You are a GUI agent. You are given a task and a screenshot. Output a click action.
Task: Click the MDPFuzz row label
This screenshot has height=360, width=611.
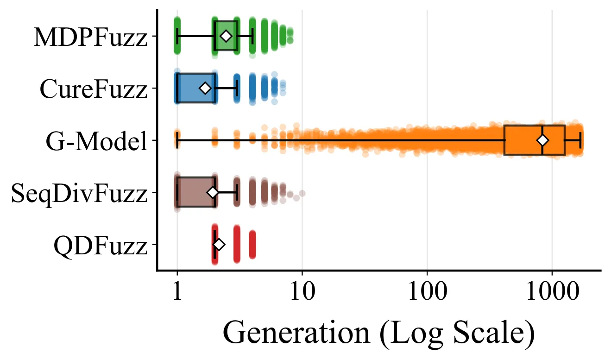(90, 37)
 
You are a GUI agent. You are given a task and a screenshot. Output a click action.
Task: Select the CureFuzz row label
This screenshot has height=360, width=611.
(94, 89)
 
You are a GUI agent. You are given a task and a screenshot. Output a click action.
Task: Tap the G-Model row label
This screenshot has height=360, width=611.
(97, 141)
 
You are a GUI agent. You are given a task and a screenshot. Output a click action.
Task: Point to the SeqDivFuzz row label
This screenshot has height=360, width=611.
(79, 194)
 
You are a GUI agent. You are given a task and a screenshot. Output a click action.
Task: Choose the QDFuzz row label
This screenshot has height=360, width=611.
(101, 246)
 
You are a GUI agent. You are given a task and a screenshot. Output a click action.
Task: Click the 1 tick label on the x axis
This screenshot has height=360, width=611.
(177, 291)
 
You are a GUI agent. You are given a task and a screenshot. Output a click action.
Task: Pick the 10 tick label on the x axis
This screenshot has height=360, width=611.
(302, 291)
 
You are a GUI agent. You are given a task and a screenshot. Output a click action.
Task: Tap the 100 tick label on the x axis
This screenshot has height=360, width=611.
(428, 291)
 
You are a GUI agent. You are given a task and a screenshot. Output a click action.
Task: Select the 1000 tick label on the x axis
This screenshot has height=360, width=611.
(552, 291)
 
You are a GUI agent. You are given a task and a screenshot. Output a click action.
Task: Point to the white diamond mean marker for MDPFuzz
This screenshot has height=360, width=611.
(226, 36)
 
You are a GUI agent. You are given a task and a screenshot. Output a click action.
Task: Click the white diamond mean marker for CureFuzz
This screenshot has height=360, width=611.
(205, 88)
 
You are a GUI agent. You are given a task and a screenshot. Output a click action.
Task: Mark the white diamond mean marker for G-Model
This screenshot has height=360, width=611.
(543, 140)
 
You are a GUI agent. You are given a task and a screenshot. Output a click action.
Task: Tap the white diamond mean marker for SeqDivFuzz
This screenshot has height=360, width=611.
(213, 192)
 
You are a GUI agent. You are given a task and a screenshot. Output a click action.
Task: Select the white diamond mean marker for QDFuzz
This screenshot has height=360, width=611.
(219, 245)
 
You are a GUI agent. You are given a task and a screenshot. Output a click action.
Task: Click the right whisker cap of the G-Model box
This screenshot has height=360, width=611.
(580, 140)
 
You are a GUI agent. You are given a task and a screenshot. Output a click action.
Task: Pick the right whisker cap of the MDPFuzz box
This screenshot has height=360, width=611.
(252, 36)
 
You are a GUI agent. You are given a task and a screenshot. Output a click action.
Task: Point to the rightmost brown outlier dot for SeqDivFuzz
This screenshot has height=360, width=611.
(302, 193)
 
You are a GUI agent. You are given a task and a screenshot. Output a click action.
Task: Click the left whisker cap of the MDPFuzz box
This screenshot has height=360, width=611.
(177, 36)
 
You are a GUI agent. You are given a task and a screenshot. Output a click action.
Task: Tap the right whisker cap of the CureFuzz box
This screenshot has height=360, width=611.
(237, 88)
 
